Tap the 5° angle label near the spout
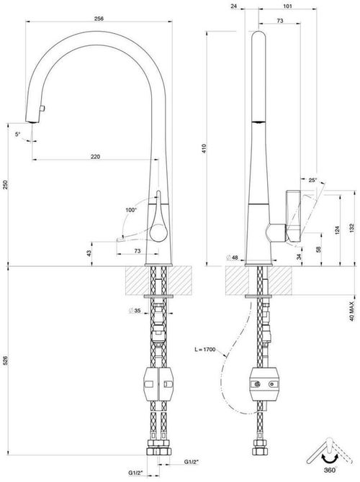coord(18,134)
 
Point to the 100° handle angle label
coord(130,210)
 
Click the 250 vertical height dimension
coord(6,186)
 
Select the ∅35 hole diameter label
coord(135,311)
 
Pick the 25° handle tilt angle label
coord(311,180)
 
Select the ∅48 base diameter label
coord(233,257)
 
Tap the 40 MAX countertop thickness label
coord(351,304)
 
